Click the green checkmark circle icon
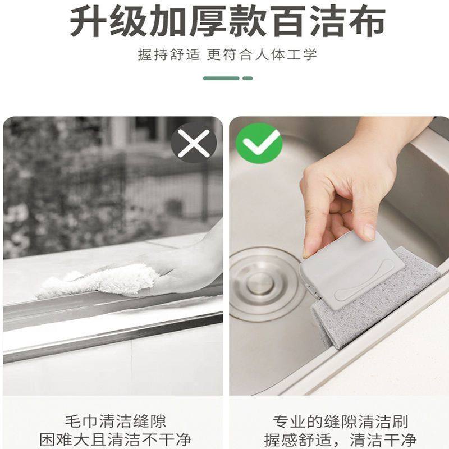259,143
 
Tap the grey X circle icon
194,143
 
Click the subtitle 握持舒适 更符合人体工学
227,55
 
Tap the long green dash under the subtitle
221,78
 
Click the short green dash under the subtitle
248,78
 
